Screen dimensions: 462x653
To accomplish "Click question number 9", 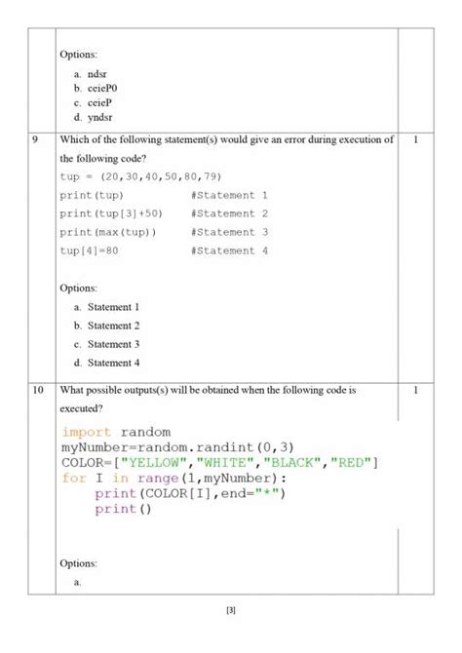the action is tap(36, 140).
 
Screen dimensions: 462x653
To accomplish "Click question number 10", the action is tap(39, 390).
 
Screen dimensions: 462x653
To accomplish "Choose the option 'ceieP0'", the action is tap(102, 87).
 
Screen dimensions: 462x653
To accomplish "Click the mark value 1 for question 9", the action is tap(415, 140).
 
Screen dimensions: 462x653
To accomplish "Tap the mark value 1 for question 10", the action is tap(415, 390).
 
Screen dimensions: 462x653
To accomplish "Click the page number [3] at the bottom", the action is tap(231, 611).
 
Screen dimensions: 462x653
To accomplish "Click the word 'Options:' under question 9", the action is tap(79, 288).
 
